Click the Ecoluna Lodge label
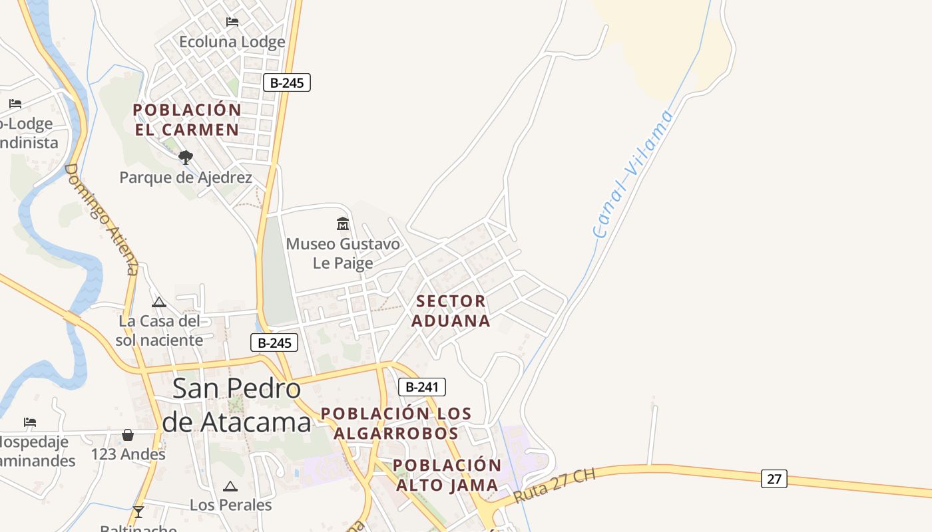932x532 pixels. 232,42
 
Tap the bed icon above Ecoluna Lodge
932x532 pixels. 232,22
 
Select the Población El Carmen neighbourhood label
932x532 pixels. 186,120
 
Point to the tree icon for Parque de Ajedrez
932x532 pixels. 186,158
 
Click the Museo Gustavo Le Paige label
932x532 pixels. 343,253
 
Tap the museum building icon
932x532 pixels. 343,223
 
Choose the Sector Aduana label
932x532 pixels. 451,311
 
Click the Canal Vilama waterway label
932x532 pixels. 632,174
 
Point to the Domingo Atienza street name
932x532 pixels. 101,219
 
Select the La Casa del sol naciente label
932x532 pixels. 159,331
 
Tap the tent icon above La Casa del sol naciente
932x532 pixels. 158,303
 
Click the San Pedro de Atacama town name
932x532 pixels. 236,405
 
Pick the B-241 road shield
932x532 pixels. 421,387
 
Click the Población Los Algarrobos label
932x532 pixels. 396,424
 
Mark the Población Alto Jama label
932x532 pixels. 447,475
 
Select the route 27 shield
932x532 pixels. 774,478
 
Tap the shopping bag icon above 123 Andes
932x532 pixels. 128,435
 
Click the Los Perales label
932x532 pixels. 230,505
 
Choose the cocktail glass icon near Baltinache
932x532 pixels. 138,511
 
